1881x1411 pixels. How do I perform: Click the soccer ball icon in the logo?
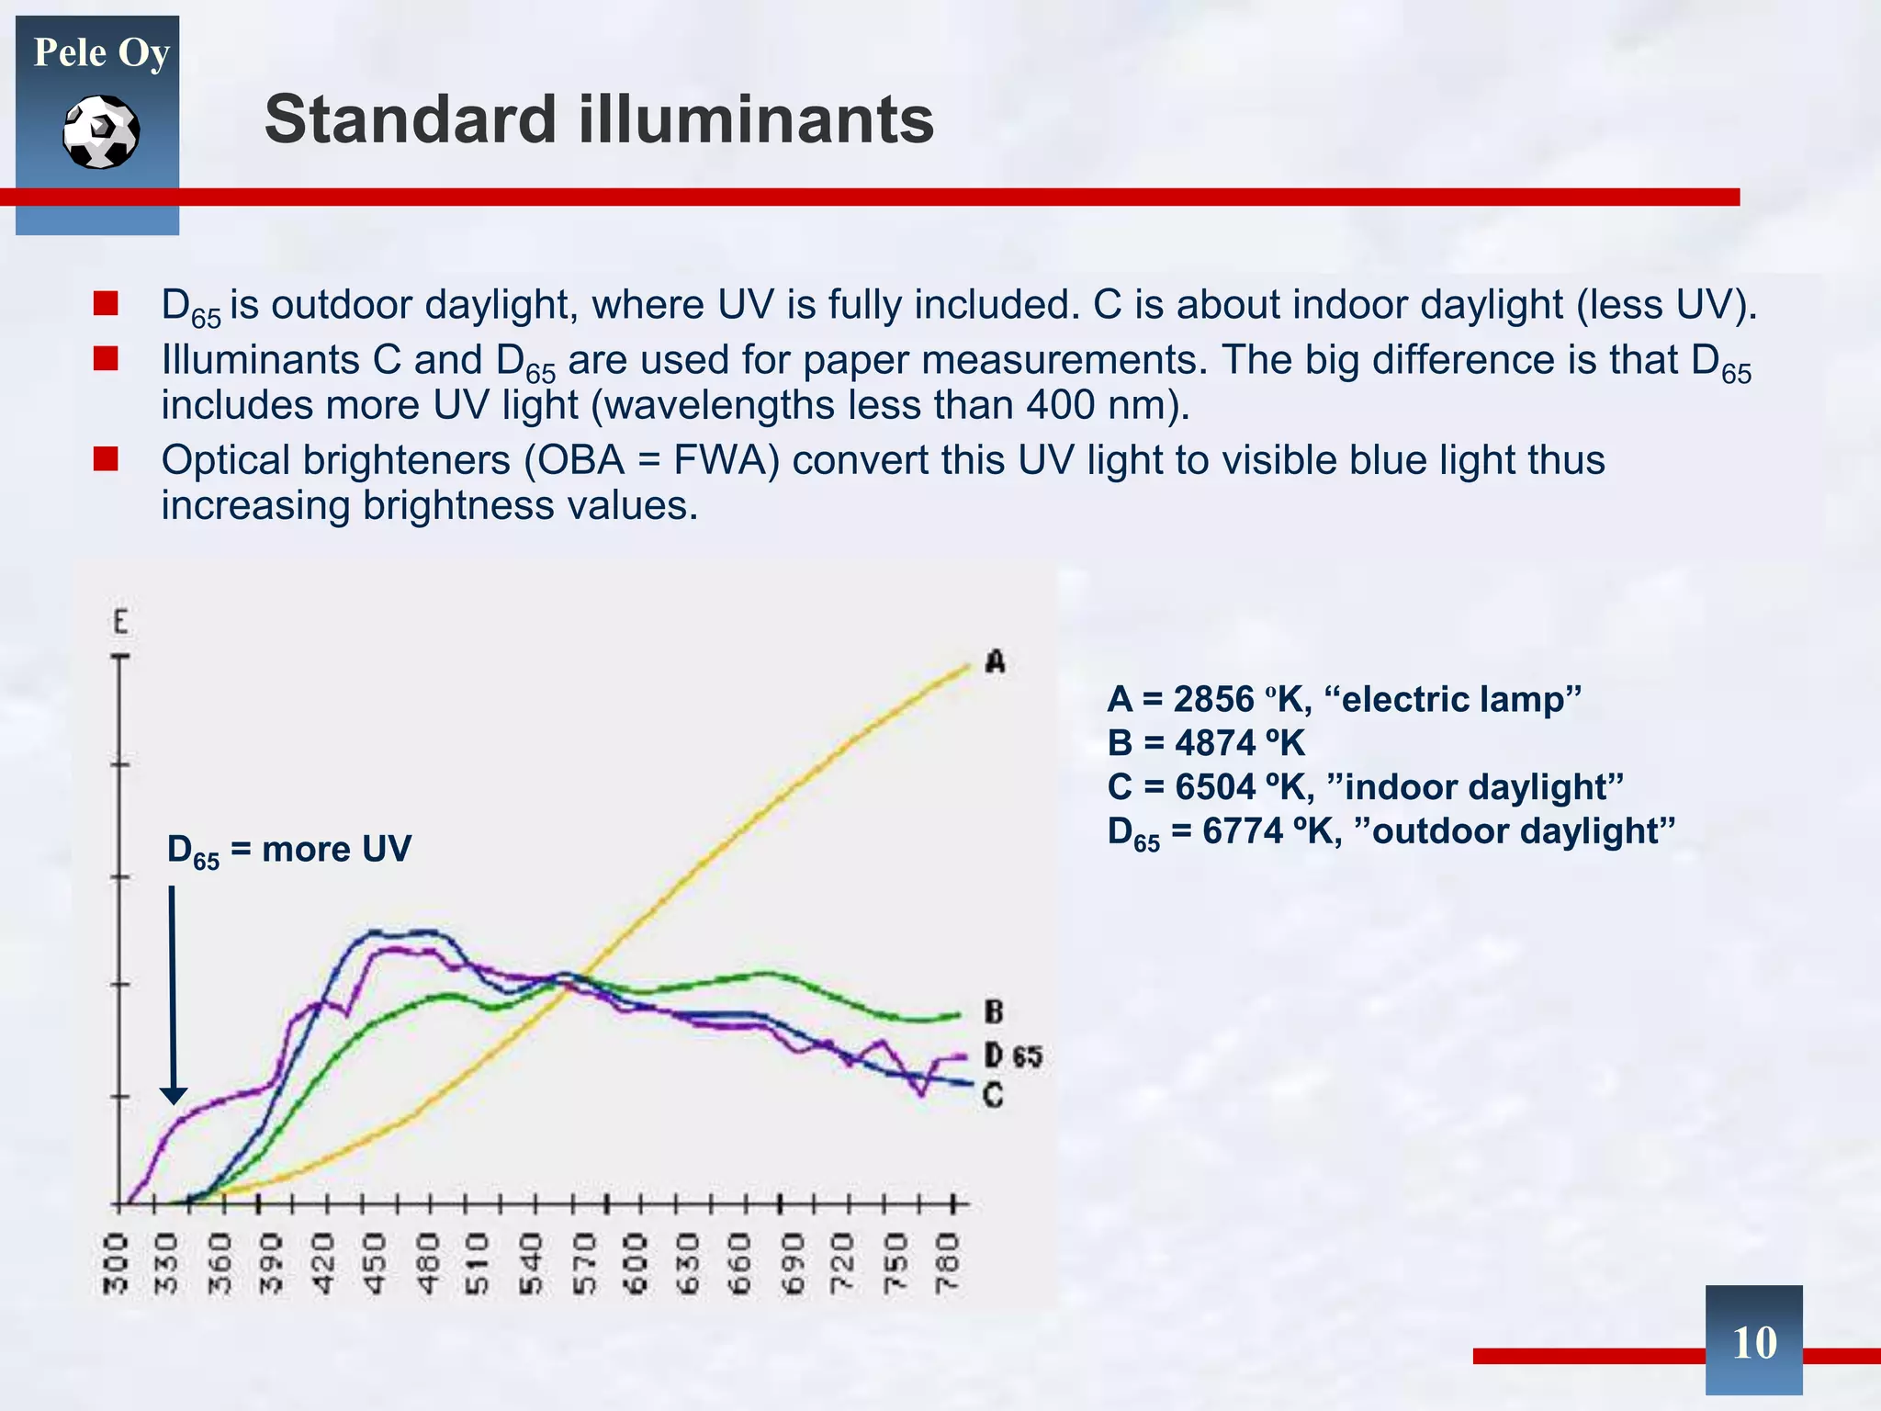pyautogui.click(x=101, y=132)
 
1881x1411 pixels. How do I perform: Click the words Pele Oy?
pyautogui.click(x=101, y=52)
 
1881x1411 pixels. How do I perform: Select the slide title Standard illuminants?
pyautogui.click(x=599, y=119)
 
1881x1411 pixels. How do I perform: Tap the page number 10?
pyautogui.click(x=1753, y=1342)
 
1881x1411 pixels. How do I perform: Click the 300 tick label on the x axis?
pyautogui.click(x=114, y=1263)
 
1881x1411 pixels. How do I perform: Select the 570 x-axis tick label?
pyautogui.click(x=584, y=1263)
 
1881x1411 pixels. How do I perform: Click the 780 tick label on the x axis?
pyautogui.click(x=947, y=1263)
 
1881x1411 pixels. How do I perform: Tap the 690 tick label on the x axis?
pyautogui.click(x=792, y=1263)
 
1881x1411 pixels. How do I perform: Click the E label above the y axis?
pyautogui.click(x=120, y=622)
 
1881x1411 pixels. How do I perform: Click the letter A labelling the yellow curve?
pyautogui.click(x=995, y=661)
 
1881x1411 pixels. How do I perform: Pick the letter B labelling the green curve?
pyautogui.click(x=994, y=1012)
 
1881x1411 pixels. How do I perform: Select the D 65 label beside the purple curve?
pyautogui.click(x=1013, y=1055)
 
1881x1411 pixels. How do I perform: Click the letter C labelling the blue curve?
pyautogui.click(x=994, y=1095)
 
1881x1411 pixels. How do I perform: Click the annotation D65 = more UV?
pyautogui.click(x=288, y=850)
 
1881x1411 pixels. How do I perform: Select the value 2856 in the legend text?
pyautogui.click(x=1213, y=699)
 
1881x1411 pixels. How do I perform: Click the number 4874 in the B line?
pyautogui.click(x=1214, y=742)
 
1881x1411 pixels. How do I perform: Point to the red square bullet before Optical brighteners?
pyautogui.click(x=106, y=458)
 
